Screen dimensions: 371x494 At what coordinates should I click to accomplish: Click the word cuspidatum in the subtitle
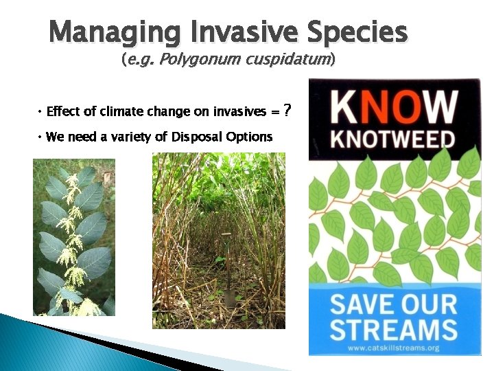(x=286, y=60)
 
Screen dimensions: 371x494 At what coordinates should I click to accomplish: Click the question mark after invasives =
(x=287, y=111)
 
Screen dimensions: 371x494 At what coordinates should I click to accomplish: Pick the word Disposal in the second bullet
(x=198, y=137)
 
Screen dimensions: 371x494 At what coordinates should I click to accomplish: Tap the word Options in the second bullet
(x=250, y=137)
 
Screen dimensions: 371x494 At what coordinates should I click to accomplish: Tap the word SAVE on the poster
(x=364, y=303)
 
